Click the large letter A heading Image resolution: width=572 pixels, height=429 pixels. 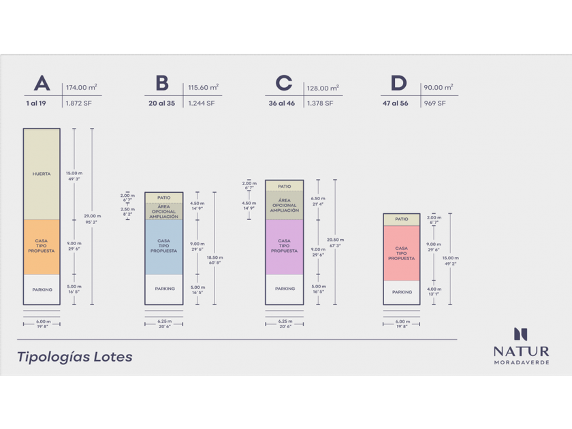pos(42,84)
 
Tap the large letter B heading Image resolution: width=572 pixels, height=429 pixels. pos(162,84)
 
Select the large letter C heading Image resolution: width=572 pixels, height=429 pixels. pos(283,84)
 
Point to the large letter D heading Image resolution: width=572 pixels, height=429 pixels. pos(398,84)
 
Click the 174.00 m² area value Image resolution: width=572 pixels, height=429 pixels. pos(81,87)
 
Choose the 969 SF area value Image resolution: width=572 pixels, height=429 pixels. pos(434,104)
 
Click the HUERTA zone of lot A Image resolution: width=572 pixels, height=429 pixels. pos(42,174)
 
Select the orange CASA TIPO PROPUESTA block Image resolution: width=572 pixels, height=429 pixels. pos(42,247)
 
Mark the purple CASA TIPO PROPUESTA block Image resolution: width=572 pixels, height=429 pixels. pos(284,245)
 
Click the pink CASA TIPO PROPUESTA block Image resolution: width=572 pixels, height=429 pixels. pos(402,253)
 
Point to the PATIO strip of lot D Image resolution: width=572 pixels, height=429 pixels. pos(402,219)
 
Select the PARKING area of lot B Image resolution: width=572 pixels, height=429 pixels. pos(164,289)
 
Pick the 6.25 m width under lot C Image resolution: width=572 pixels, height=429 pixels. pos(284,321)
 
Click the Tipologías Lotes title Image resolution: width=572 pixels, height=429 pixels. pos(74,357)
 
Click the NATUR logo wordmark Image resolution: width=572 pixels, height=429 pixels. pos(521,351)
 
